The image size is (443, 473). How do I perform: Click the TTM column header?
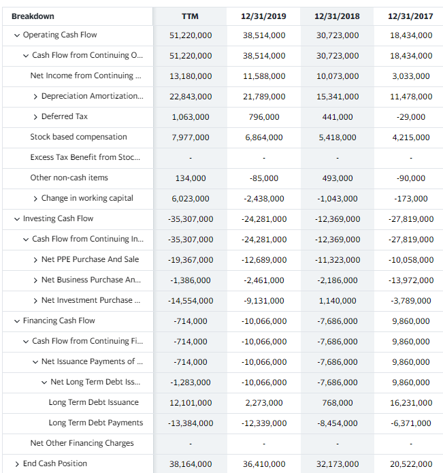point(190,16)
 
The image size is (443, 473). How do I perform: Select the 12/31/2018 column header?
point(338,16)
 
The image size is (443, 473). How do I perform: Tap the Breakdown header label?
point(33,16)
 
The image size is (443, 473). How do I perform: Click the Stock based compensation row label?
point(78,137)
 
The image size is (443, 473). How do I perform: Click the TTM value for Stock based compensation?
point(190,137)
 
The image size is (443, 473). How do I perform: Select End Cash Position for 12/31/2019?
point(264,464)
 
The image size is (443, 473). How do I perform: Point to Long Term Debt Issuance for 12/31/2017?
point(412,403)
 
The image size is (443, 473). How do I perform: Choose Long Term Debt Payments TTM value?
point(190,423)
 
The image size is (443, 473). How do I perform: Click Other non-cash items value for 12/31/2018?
point(338,178)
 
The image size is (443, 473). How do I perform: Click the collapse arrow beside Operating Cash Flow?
point(16,35)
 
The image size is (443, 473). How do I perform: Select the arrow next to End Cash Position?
point(16,463)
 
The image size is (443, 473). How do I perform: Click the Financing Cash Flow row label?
point(59,321)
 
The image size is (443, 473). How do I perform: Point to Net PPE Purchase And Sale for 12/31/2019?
point(264,260)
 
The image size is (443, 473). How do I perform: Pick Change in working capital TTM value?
point(190,199)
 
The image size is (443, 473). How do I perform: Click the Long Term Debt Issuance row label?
point(93,402)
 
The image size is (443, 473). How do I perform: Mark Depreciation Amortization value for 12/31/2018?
point(338,97)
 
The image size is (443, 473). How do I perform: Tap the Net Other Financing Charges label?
point(82,443)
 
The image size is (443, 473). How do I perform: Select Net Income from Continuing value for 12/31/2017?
point(412,76)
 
